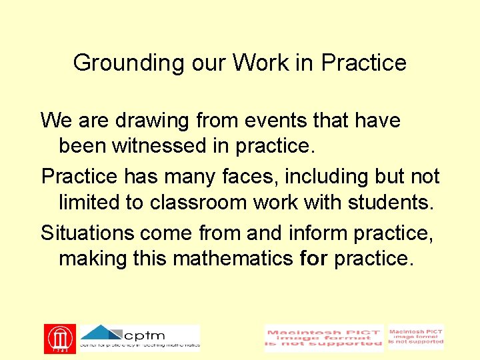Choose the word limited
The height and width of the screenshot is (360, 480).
pos(91,201)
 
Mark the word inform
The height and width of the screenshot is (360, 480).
pos(317,233)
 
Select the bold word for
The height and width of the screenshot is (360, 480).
pos(314,257)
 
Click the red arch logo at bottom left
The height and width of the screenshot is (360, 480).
pos(60,339)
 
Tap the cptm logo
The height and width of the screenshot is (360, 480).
pos(140,337)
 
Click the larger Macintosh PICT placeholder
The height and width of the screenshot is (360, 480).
pos(324,339)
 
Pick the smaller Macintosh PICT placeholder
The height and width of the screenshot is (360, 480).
pos(416,337)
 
